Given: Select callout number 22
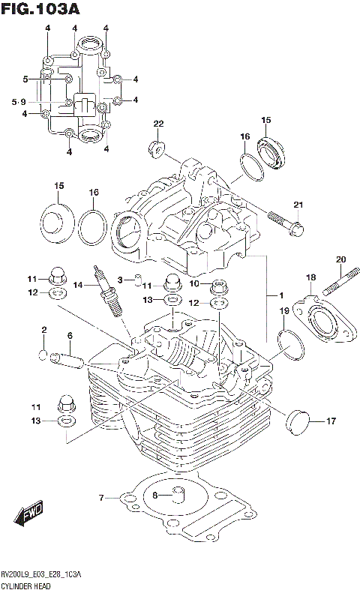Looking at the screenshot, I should (x=158, y=124).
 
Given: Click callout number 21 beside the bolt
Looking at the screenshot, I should (x=298, y=205).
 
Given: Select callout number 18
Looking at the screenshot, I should (x=310, y=278).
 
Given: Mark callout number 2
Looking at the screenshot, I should (x=44, y=330).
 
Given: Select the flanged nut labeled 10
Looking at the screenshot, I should (x=220, y=286).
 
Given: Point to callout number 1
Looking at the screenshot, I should (x=281, y=294).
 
